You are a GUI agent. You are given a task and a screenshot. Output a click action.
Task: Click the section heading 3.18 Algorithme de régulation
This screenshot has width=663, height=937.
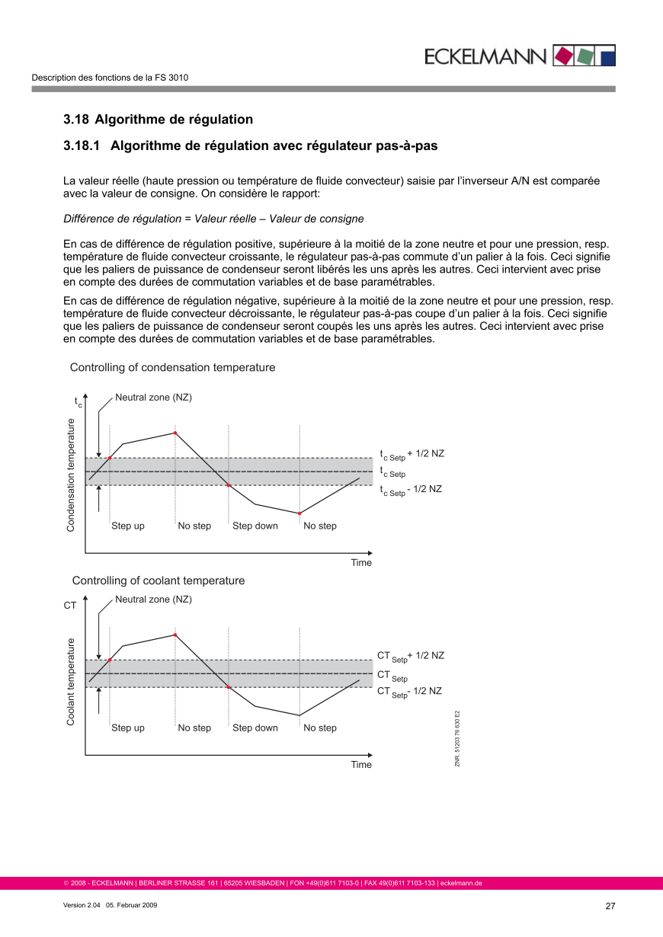(x=158, y=120)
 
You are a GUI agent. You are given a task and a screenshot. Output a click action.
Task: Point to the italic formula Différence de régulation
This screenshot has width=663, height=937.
(x=213, y=219)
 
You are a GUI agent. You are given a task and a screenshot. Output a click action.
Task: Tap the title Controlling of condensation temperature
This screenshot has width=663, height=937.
(x=172, y=367)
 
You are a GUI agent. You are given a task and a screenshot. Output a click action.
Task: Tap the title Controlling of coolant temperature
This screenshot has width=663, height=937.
(x=159, y=580)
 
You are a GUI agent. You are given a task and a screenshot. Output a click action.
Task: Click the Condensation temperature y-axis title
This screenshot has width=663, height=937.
(x=71, y=475)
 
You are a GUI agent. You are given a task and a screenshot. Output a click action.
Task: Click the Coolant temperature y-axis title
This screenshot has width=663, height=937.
(x=71, y=682)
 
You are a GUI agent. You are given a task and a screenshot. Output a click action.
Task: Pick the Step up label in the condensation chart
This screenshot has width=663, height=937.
(x=128, y=526)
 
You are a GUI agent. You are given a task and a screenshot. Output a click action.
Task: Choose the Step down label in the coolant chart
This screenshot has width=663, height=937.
(x=255, y=728)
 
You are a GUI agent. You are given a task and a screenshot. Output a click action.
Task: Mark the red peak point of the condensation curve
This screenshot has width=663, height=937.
(x=175, y=433)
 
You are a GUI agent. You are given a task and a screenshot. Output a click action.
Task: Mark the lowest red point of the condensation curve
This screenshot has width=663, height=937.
(x=299, y=513)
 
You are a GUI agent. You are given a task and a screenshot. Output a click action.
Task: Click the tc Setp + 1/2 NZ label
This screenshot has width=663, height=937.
(x=412, y=454)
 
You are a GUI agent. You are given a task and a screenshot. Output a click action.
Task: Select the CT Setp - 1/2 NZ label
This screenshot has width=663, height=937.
(x=409, y=692)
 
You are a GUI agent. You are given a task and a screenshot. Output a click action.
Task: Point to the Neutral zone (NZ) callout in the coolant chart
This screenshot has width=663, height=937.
(x=153, y=600)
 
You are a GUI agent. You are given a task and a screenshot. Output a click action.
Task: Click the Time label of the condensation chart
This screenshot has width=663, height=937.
(x=361, y=563)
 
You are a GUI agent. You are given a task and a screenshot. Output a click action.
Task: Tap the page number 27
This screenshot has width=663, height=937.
(x=610, y=906)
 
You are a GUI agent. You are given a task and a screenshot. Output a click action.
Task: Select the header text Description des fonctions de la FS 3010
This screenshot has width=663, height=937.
(x=110, y=78)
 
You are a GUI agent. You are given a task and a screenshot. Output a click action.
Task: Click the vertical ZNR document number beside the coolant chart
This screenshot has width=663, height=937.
(x=458, y=739)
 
